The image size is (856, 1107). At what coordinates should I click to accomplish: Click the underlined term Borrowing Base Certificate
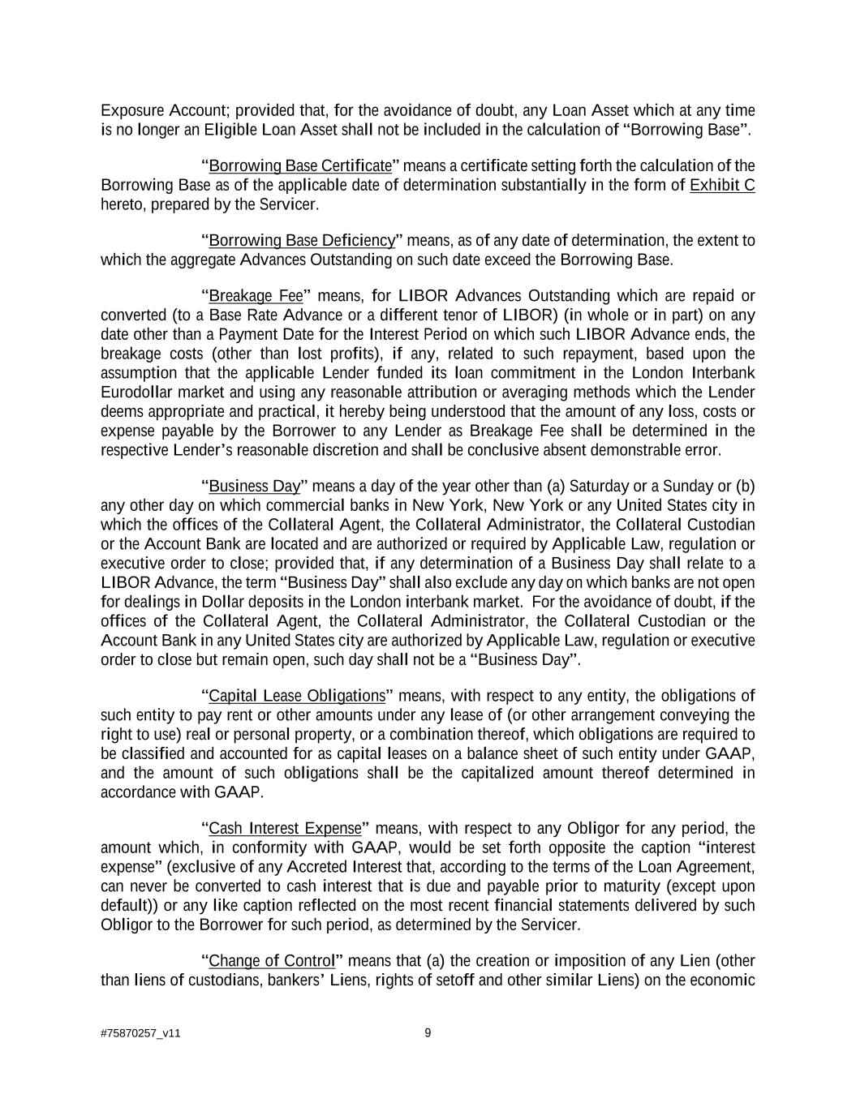tap(300, 166)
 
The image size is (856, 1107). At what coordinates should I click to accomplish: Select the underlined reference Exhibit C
tap(721, 186)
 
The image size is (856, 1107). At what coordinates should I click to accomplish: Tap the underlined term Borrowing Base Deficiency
tap(302, 241)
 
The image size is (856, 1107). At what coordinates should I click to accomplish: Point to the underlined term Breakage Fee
tap(256, 295)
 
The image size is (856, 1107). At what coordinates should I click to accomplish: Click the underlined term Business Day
tap(255, 487)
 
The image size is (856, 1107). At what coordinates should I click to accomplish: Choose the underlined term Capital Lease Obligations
tap(297, 697)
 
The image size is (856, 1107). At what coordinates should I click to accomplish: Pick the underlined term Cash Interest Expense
tap(285, 829)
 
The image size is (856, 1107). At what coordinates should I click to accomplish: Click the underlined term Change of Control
tap(272, 962)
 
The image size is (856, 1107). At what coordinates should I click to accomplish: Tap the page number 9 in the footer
tap(428, 1033)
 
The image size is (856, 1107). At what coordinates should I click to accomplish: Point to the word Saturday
tap(599, 487)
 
